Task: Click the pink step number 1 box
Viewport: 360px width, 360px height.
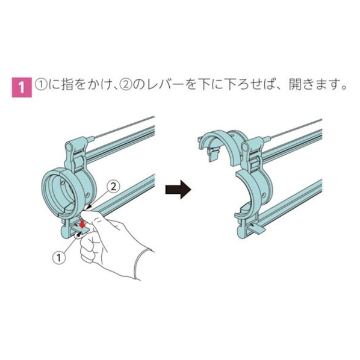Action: (x=22, y=87)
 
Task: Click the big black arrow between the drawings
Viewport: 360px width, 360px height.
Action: (x=178, y=190)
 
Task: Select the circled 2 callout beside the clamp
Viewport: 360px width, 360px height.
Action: (x=114, y=187)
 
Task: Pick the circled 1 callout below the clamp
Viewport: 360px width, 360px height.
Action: (x=60, y=258)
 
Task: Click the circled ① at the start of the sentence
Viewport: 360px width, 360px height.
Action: (x=42, y=84)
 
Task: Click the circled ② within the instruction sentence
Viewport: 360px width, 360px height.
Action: (x=125, y=84)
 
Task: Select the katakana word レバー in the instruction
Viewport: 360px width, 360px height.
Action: (x=164, y=84)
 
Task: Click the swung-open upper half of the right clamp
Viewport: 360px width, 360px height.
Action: (x=222, y=145)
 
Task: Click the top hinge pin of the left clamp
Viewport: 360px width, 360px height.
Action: (x=69, y=146)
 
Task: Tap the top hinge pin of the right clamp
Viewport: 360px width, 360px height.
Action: (x=245, y=146)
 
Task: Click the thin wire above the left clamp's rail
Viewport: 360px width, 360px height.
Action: (x=124, y=128)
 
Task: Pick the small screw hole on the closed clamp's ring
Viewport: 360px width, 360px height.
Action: (x=87, y=195)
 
